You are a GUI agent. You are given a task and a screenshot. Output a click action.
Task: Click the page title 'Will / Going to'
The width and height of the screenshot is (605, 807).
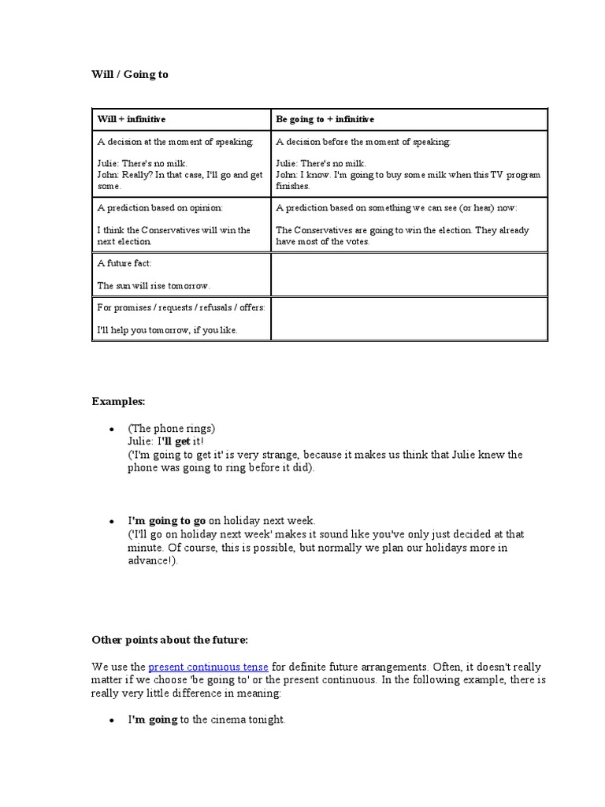coord(130,75)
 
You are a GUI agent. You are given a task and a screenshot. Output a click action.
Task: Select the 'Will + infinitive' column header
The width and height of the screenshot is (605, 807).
coord(132,119)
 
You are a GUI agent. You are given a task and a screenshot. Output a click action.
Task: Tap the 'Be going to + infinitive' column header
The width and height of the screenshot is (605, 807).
coord(325,119)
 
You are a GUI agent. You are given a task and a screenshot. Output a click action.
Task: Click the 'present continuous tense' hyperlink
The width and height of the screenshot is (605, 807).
coord(208,667)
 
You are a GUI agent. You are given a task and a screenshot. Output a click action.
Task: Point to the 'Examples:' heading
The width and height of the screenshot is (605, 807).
coord(118,401)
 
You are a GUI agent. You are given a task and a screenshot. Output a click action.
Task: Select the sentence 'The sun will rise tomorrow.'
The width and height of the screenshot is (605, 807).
coord(154,285)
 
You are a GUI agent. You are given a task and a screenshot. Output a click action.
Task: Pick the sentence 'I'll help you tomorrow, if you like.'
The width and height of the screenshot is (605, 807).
coord(167,329)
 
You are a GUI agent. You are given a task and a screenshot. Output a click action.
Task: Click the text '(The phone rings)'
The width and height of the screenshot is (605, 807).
coord(171,429)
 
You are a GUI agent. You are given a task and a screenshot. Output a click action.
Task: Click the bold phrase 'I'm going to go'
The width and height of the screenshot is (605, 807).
coord(167,521)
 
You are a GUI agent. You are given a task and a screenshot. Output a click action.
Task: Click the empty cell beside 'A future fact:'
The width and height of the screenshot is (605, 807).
coord(409,274)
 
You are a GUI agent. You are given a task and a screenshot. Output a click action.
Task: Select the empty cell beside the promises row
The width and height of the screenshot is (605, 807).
coord(409,318)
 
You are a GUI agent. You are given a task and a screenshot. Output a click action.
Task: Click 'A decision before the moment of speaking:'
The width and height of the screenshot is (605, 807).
coord(363,142)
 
